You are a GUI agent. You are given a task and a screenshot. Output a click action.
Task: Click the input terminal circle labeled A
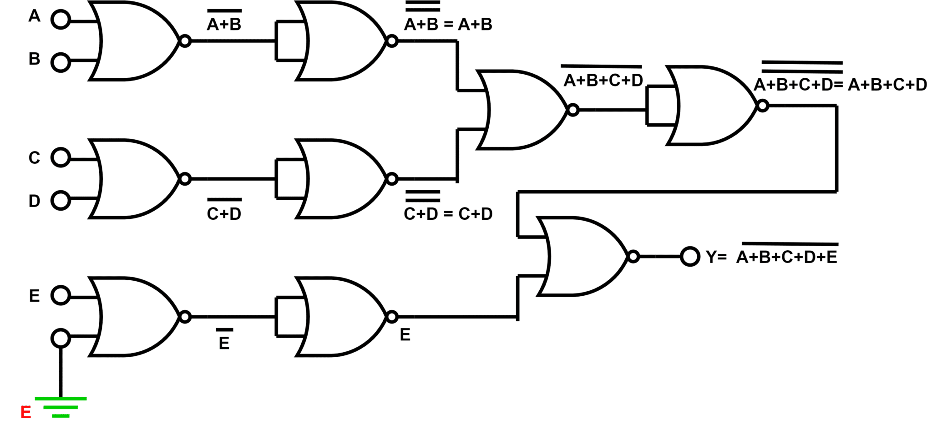click(61, 20)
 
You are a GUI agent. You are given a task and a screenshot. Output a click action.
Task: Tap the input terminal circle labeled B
click(61, 62)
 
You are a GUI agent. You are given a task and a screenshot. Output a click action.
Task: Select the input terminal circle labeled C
click(61, 157)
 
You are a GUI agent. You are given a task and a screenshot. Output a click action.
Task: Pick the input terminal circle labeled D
click(61, 200)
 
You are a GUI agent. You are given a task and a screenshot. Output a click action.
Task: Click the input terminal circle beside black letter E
click(61, 295)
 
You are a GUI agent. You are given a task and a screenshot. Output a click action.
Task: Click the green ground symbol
click(61, 407)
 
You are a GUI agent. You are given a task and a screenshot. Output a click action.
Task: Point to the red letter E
click(26, 413)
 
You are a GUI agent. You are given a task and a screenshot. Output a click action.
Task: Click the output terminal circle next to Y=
click(690, 257)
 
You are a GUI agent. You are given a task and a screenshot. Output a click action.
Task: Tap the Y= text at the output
click(716, 257)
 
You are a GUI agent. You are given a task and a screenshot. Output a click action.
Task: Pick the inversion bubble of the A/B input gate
click(185, 41)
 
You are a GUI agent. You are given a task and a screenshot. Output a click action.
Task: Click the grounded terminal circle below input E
click(61, 338)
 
